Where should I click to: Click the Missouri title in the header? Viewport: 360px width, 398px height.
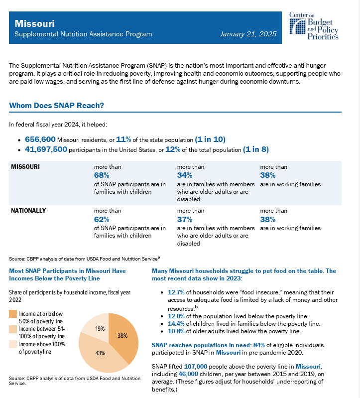point(35,23)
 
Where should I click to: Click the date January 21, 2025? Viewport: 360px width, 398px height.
point(247,34)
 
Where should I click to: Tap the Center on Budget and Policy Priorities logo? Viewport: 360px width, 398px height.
point(314,26)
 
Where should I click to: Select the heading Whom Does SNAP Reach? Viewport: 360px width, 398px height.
point(56,106)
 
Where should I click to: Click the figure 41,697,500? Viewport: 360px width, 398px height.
point(46,149)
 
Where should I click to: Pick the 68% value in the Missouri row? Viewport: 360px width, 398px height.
point(102,175)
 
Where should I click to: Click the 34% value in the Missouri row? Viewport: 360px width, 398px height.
point(185,175)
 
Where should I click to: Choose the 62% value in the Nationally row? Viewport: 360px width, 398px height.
point(102,219)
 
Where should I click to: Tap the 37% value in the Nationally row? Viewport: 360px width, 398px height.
point(185,219)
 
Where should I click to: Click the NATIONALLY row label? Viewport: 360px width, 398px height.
point(28,210)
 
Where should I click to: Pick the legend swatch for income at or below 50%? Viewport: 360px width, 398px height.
point(13,313)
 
